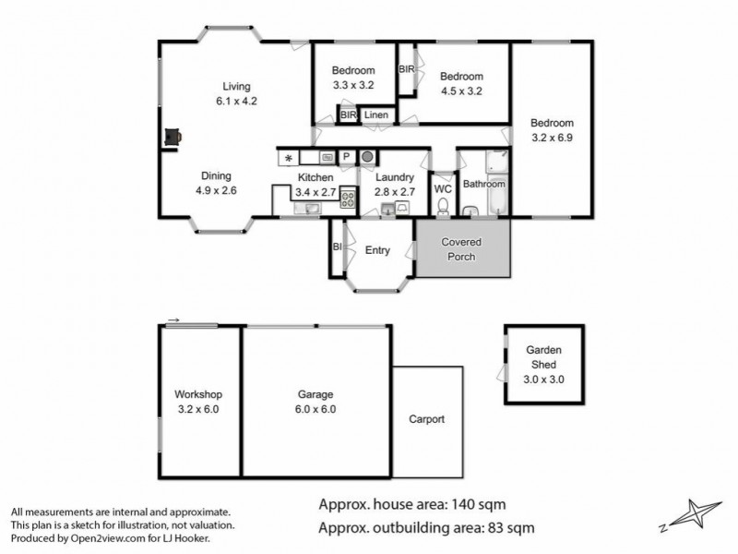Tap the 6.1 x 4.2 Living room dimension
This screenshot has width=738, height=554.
pos(230,102)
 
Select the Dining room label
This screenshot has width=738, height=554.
pos(217,176)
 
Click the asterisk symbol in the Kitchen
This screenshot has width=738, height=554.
pos(288,158)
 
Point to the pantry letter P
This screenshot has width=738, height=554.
pos(348,157)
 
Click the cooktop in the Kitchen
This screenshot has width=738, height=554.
pos(348,197)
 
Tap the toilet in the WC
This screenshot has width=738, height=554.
pos(443,206)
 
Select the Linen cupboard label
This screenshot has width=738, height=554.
pos(375,115)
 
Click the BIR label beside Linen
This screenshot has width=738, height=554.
pos(348,115)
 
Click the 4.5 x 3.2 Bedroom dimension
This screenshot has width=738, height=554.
pos(461,91)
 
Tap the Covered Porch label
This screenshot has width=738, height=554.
pos(461,249)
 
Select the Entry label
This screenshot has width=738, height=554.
pos(377,250)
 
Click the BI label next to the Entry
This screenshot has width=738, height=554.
pos(337,247)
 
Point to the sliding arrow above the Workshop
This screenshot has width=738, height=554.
pos(173,321)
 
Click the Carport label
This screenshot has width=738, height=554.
pos(426,419)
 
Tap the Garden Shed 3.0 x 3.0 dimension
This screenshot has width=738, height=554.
pos(544,379)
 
